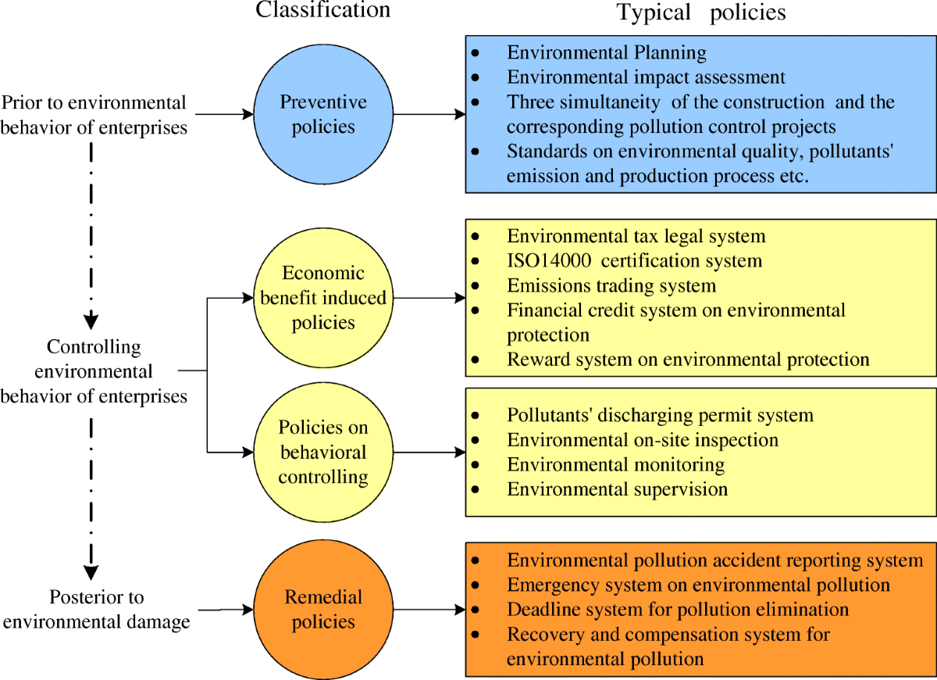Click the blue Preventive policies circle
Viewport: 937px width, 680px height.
coord(323,114)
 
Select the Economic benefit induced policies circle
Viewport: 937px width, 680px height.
coord(323,298)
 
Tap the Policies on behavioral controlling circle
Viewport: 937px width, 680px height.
coord(323,452)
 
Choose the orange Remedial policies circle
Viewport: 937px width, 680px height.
coord(323,610)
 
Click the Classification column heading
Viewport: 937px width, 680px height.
coord(323,10)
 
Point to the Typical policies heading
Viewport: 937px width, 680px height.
coord(700,13)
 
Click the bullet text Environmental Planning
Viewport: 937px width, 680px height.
coord(606,53)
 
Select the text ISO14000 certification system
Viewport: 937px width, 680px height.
coord(634,260)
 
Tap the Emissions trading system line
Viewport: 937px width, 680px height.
coord(611,285)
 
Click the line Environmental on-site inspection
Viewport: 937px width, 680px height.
coord(642,440)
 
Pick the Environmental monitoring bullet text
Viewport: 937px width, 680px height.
coord(615,465)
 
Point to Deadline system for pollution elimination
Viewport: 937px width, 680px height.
coord(677,609)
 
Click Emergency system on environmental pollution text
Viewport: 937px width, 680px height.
coord(698,585)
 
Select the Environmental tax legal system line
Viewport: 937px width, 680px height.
coord(636,236)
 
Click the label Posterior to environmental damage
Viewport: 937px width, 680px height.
coord(98,610)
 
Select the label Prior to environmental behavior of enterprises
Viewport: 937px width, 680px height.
coord(94,114)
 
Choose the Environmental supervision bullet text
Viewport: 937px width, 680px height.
coord(617,490)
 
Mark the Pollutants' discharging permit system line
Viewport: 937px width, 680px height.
coord(660,415)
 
